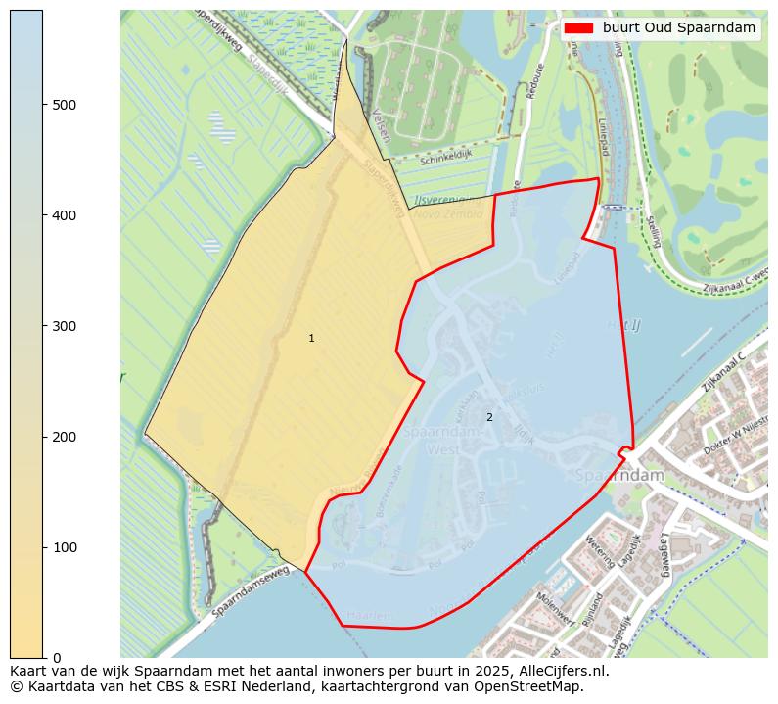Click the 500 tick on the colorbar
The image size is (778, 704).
[x=44, y=105]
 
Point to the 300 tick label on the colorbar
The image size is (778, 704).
[x=64, y=326]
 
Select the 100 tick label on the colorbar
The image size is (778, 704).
[x=64, y=547]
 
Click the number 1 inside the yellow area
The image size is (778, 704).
[x=311, y=338]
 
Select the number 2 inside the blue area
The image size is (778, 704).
[x=489, y=417]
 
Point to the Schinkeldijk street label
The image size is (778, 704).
[x=445, y=158]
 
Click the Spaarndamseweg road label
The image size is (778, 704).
[x=251, y=594]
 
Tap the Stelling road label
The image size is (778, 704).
[x=653, y=231]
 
